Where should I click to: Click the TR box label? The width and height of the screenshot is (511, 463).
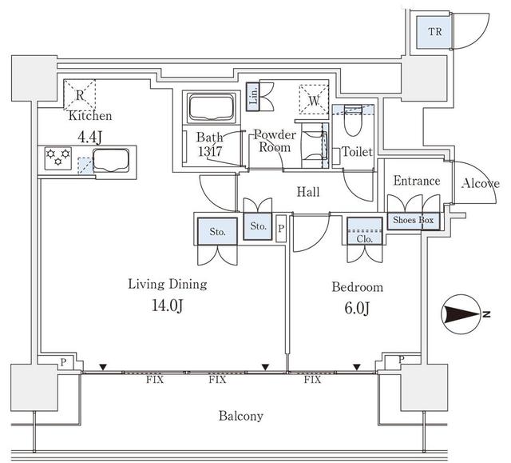pyautogui.click(x=434, y=33)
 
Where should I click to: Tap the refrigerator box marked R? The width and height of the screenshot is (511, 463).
pyautogui.click(x=80, y=94)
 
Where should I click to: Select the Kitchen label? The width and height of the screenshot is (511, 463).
pyautogui.click(x=89, y=116)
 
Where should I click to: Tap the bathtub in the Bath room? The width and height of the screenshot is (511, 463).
pyautogui.click(x=210, y=107)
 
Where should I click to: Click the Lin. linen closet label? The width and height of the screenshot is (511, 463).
pyautogui.click(x=253, y=97)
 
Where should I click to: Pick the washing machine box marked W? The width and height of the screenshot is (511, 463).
pyautogui.click(x=313, y=100)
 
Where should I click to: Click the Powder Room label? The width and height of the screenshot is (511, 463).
pyautogui.click(x=275, y=142)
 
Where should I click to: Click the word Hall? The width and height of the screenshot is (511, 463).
pyautogui.click(x=308, y=193)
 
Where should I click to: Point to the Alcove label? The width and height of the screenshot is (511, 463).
pyautogui.click(x=481, y=184)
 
